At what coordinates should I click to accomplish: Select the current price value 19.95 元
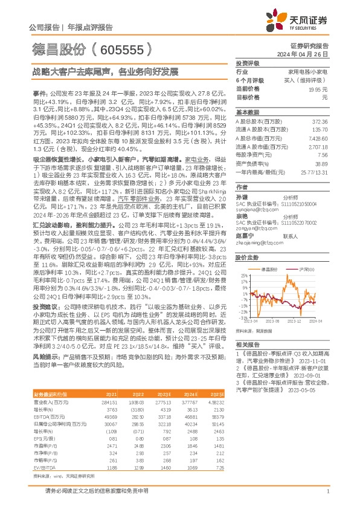pos(323,89)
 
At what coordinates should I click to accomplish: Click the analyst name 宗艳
pos(242,215)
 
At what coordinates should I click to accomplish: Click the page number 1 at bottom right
pos(327,492)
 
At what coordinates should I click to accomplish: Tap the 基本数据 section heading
pos(246,112)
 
